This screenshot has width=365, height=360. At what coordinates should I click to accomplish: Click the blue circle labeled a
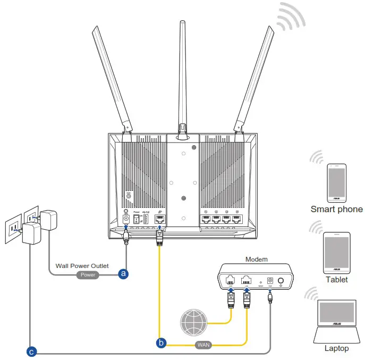123,274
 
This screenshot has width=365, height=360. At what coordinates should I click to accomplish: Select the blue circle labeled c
32,351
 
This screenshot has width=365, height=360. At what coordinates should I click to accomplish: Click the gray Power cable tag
88,275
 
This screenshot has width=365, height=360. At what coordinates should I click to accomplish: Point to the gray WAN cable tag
204,345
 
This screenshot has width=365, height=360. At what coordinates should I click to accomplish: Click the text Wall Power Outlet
82,265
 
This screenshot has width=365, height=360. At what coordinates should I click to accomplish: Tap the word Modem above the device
256,259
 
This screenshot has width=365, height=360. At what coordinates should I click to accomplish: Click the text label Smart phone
336,210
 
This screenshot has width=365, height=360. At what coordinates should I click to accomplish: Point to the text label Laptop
336,348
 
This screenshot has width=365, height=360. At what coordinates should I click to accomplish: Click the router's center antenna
182,74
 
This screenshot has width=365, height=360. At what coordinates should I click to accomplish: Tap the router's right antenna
254,80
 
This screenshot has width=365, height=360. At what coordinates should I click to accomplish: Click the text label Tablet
336,279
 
